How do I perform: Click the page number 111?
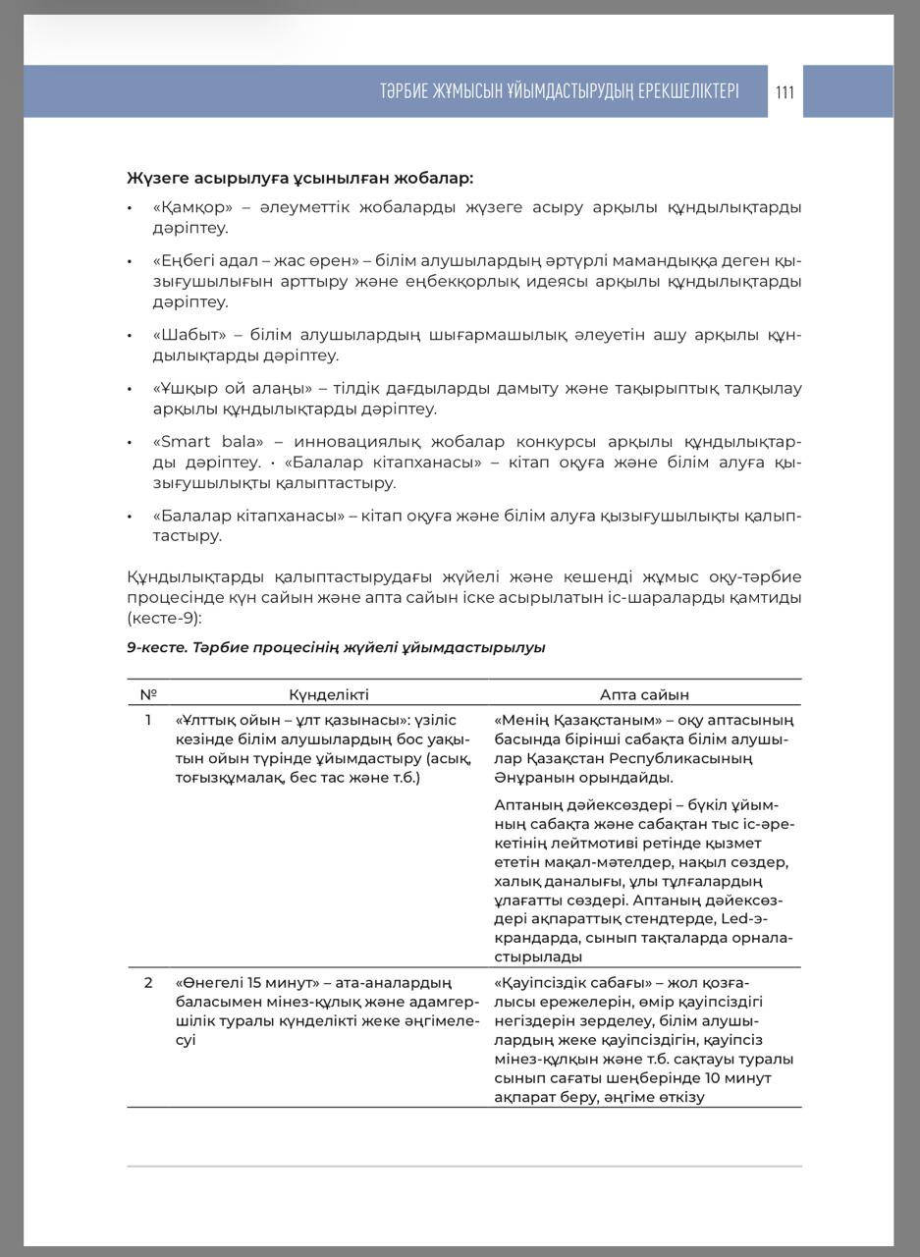click(x=785, y=92)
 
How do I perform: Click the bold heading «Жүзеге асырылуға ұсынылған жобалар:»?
click(x=299, y=178)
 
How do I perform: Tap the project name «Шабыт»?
click(x=189, y=335)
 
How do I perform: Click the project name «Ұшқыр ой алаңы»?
click(x=233, y=388)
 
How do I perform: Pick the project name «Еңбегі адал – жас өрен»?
click(x=256, y=261)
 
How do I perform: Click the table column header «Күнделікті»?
click(x=329, y=694)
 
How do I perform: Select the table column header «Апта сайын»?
click(x=644, y=694)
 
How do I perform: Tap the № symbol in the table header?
click(x=148, y=694)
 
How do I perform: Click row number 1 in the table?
click(x=148, y=720)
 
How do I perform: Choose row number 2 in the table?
click(x=148, y=982)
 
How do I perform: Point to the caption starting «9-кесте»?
click(x=336, y=647)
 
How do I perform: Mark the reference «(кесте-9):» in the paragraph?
click(x=164, y=618)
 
